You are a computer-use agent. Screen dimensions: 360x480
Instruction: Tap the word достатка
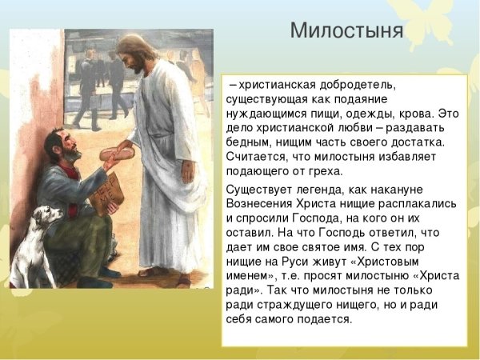[x=415, y=142]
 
